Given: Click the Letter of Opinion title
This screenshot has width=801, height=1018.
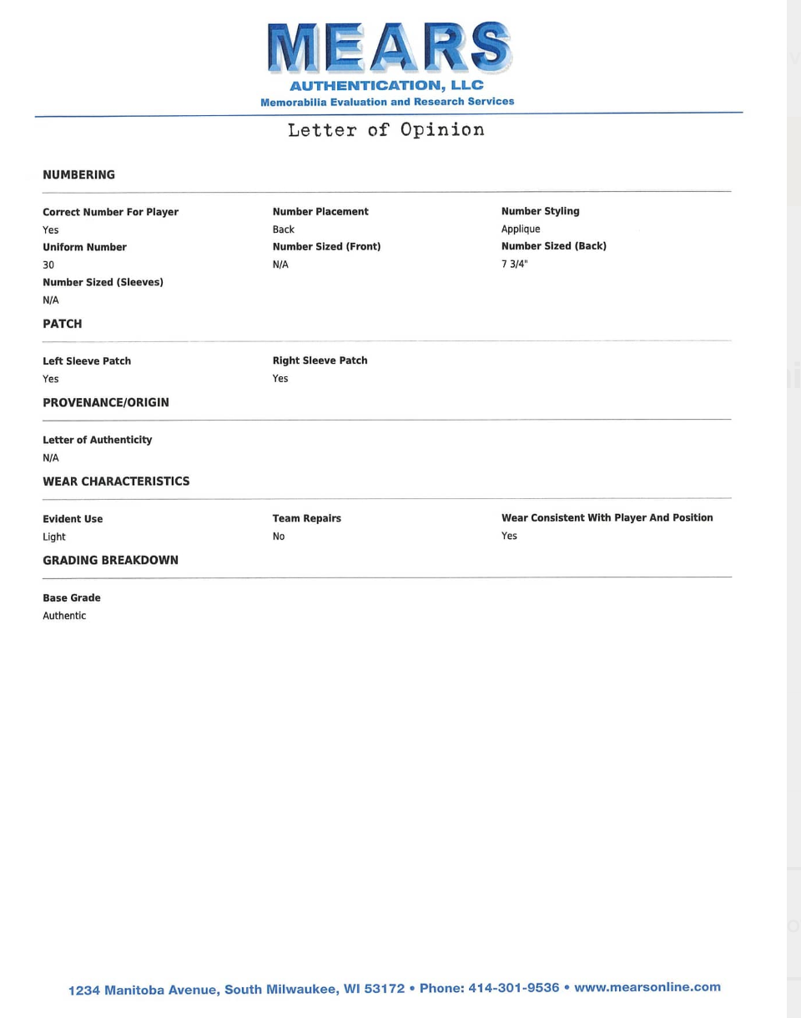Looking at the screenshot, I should coord(385,130).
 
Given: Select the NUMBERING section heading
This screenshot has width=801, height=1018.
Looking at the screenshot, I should coord(78,175).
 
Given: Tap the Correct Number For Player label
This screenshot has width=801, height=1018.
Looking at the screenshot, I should coord(110,212).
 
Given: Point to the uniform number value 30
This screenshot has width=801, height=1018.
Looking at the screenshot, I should coord(48,265).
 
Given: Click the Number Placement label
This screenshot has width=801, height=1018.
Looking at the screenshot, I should coord(320,212).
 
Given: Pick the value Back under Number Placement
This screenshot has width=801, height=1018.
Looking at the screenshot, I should coord(284,229).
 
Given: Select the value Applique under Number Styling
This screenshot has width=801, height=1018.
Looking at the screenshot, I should coord(521,229).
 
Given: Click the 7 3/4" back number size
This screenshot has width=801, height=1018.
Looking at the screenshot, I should coord(515,265).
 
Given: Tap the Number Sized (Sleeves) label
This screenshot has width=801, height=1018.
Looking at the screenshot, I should coord(103,282).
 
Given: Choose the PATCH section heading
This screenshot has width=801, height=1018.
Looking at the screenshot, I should coord(63,324).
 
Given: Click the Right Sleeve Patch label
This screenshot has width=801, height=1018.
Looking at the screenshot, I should coord(320,360).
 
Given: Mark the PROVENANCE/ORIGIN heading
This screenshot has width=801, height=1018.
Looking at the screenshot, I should coord(106,402).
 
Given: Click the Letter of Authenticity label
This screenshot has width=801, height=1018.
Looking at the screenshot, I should coord(97,440).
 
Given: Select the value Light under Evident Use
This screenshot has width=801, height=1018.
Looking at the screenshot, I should coord(54,537).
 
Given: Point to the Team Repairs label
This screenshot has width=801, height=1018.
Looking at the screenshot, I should coord(306,518).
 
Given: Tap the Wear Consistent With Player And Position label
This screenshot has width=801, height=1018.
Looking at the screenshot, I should coord(607,518).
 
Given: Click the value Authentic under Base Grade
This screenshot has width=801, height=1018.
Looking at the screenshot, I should coord(64,616).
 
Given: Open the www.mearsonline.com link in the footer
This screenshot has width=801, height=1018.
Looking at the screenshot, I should coord(647,987).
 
